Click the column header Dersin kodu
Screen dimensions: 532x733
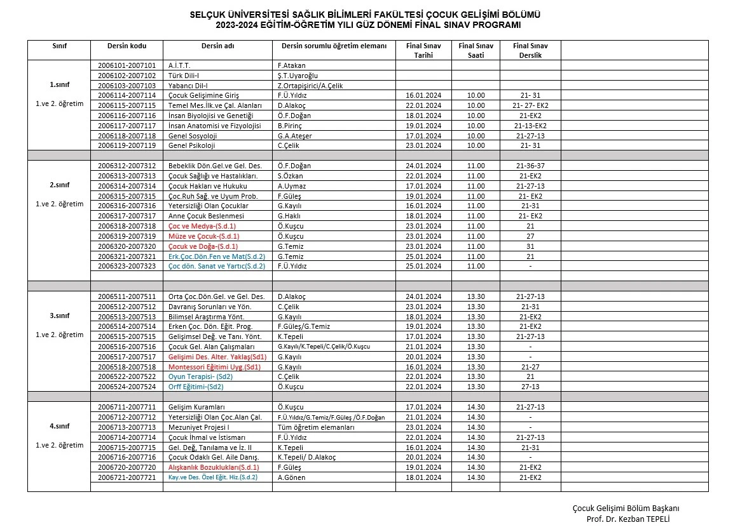pos(127,46)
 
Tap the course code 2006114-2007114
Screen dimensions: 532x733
pos(127,95)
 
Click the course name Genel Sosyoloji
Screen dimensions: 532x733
pos(193,136)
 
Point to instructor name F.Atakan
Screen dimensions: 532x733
pos(292,65)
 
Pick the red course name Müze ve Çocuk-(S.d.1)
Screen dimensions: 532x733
pos(203,236)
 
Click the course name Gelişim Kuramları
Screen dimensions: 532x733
pos(197,407)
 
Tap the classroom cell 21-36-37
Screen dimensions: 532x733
pos(530,166)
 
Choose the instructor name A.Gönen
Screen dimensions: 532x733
pos(292,477)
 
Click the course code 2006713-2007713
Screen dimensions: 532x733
pos(127,427)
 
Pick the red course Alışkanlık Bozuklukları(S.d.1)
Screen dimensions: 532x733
pos(214,467)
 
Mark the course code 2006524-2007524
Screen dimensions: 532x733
pos(127,387)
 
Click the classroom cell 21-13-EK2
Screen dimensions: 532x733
pos(530,126)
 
